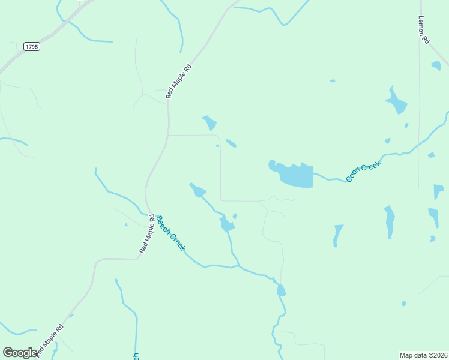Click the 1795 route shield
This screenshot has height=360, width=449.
32,46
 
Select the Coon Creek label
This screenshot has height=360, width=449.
364,172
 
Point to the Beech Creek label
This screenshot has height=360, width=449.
170,233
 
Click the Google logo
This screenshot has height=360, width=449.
20,353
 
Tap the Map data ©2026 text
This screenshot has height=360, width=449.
423,355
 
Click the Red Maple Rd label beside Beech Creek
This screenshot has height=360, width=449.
147,233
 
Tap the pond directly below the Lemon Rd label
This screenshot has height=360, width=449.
436,65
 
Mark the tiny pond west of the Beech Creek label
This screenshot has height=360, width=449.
126,225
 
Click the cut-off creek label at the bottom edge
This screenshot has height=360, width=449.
136,356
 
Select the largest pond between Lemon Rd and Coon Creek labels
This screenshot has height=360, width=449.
396,103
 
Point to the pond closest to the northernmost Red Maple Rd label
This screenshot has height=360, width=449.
209,122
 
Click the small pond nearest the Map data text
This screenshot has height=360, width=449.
404,304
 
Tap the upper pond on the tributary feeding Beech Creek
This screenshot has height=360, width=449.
197,191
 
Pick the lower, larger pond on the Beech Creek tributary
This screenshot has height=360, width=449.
226,224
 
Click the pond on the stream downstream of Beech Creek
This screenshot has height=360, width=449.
280,290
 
